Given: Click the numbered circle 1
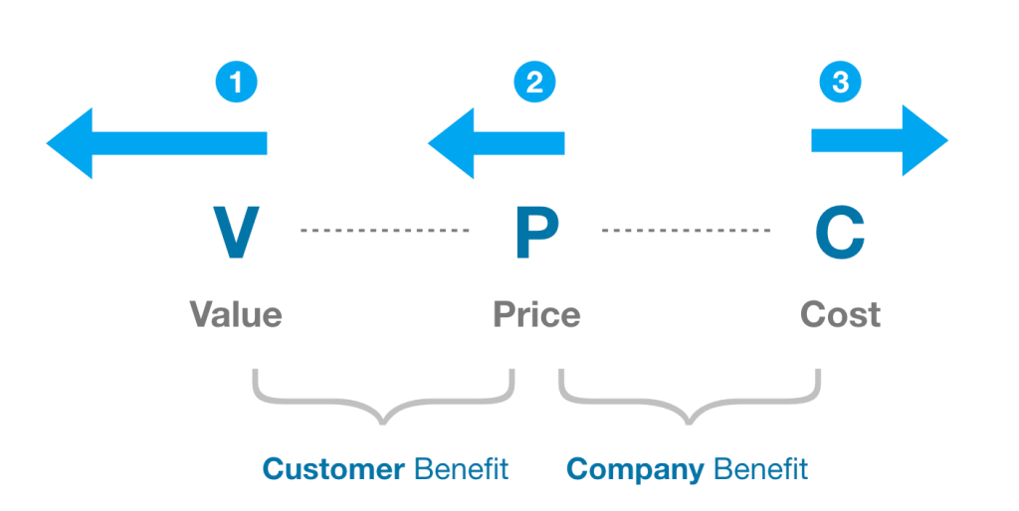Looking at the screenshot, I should pos(236,83).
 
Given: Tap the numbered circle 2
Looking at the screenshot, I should pos(534,83).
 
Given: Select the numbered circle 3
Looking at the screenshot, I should pos(840,83).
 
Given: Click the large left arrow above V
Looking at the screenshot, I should pos(156,143).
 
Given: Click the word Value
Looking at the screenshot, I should pos(236,315).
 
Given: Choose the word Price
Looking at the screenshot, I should pos(536,315).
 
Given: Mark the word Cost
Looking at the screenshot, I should pos(840,315).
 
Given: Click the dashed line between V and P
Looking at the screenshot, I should pos(384,231).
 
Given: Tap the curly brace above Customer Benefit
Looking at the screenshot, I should pos(384,399).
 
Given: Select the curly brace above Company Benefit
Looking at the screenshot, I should pos(689,399).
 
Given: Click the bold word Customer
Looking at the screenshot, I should pos(333,468).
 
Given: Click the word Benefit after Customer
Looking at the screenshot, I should pos(461,468).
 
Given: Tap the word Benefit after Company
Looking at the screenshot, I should pos(762,468).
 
